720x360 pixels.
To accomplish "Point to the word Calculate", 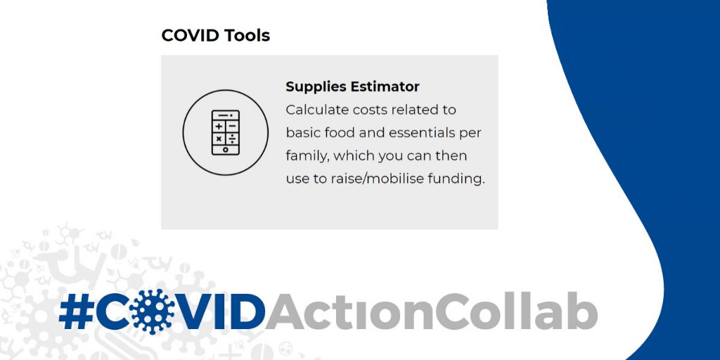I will tap(316, 110).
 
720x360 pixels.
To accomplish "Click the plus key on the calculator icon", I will tap(219, 127).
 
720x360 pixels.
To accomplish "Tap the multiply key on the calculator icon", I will tap(219, 139).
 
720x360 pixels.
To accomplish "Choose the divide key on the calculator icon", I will tap(232, 139).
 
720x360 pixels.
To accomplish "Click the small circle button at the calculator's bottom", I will tap(225, 150).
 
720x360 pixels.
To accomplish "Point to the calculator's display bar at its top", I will tap(225, 115).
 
